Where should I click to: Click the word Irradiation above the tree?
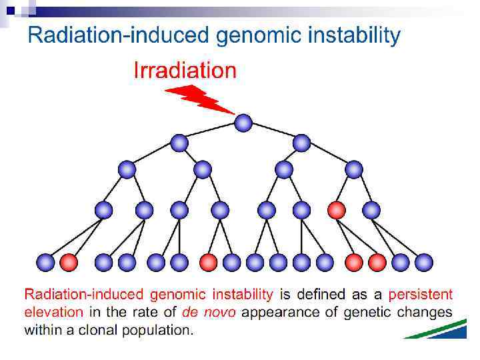coord(185,71)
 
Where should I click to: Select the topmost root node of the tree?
coord(243,123)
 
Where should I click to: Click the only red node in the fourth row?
coord(337,210)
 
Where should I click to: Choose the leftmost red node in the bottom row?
coord(68,262)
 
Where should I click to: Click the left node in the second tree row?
coord(179,143)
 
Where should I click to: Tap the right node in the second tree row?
coord(302,143)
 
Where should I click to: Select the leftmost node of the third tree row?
coord(127,169)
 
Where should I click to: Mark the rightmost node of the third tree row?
coord(354,169)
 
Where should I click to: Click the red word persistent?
coord(420,295)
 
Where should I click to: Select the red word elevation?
coord(54,311)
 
